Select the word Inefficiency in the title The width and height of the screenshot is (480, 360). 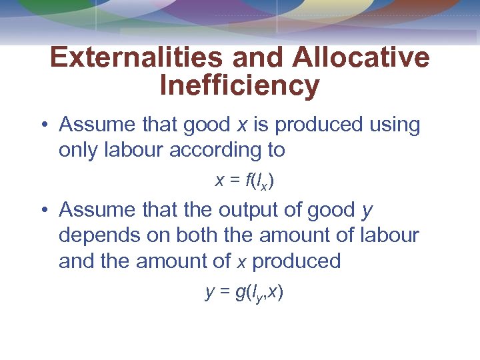point(240,86)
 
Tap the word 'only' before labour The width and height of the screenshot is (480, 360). point(79,151)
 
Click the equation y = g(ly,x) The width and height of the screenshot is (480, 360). point(244,292)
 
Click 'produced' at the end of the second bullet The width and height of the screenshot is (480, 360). point(296,261)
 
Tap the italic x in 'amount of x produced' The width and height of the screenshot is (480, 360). point(242,261)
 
